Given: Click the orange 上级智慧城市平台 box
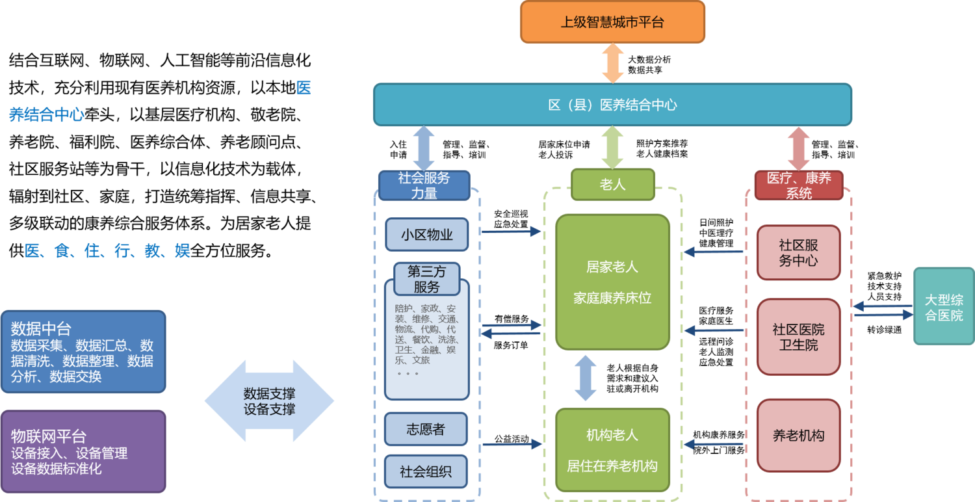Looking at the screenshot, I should click(x=612, y=22).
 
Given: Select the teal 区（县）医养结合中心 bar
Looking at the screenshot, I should click(x=612, y=104).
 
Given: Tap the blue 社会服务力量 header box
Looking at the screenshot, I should click(x=424, y=185).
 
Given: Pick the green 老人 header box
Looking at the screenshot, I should click(x=612, y=185).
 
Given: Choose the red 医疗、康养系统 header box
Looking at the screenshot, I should click(x=799, y=185).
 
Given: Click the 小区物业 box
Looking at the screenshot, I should click(x=426, y=235).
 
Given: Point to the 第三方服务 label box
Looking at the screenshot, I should click(x=426, y=279).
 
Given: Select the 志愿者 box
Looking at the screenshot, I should click(x=426, y=429).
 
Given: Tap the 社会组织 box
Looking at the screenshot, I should click(x=426, y=472).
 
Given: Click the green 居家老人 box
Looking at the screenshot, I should click(x=612, y=282).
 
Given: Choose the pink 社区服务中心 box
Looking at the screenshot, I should click(x=798, y=253).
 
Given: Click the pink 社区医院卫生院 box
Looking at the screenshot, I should click(x=798, y=337).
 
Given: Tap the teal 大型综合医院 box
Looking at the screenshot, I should click(x=944, y=306).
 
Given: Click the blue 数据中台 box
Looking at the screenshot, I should click(x=83, y=352).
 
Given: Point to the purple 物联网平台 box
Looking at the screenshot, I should click(x=83, y=451).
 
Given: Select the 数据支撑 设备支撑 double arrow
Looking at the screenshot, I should click(x=269, y=401).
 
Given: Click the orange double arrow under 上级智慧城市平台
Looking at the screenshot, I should click(x=612, y=63).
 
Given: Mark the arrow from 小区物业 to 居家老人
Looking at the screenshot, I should click(x=512, y=231).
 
